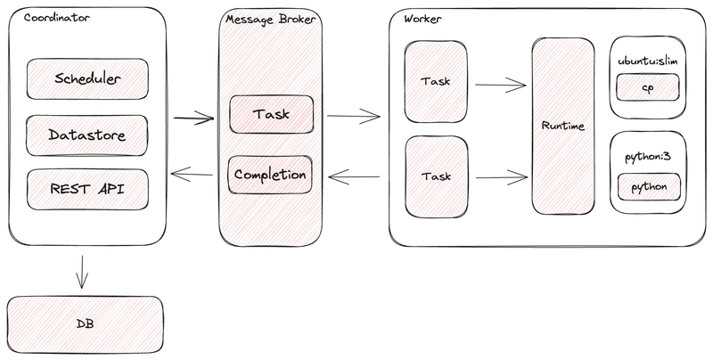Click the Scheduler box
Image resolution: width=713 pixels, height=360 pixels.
(x=87, y=78)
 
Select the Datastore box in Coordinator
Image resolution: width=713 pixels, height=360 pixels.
(x=87, y=135)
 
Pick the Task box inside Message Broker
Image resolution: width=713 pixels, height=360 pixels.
(x=271, y=114)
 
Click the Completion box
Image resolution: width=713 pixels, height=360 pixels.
(x=270, y=175)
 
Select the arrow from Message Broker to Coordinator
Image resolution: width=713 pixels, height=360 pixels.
(x=193, y=176)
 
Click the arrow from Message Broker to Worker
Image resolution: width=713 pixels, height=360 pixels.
(x=354, y=116)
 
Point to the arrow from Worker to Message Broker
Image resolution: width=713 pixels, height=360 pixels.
(x=354, y=176)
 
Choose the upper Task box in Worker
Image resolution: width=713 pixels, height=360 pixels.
(x=435, y=81)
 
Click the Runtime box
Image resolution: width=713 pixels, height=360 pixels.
(x=562, y=126)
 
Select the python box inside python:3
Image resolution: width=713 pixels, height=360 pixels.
(x=648, y=187)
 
